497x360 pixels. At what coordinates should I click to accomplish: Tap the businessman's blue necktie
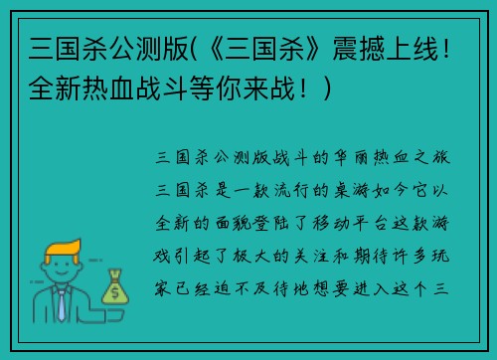(x=62, y=303)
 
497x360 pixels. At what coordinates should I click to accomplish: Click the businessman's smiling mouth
(x=62, y=279)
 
